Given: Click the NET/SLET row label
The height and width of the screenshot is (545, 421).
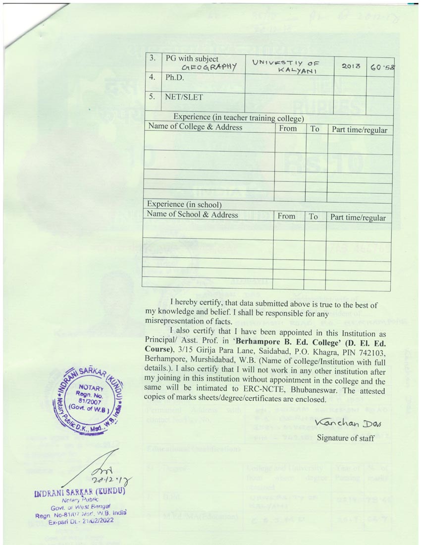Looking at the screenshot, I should point(184,97).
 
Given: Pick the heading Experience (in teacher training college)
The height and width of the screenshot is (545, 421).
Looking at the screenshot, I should point(238,117).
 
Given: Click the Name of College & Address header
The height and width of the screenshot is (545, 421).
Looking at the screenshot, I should point(195,127).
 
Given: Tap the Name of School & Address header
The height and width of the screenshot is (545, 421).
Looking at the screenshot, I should point(192,215).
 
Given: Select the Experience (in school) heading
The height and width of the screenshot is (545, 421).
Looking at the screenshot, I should point(184,204).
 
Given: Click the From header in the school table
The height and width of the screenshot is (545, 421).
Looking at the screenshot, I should point(286,216).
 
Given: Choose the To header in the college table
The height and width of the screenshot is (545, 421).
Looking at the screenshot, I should point(315,129).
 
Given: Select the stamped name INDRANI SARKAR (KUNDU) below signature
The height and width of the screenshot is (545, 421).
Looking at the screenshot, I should point(79,492).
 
